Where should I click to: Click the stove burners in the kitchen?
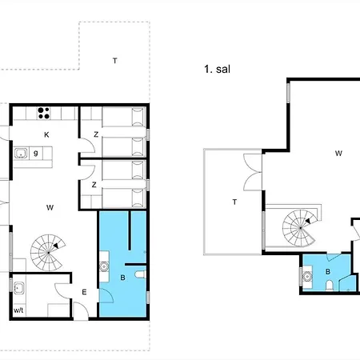click(43, 113)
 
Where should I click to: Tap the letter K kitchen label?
click(46, 134)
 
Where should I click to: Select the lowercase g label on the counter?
click(36, 153)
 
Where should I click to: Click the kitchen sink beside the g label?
click(21, 154)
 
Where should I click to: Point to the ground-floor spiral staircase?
click(48, 252)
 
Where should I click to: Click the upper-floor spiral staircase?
click(300, 228)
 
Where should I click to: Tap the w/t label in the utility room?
click(18, 310)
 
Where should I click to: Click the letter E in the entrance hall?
click(84, 292)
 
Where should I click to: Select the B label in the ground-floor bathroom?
click(122, 278)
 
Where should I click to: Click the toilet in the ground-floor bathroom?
click(140, 274)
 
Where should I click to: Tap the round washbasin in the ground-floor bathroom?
click(103, 266)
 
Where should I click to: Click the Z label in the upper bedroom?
click(96, 134)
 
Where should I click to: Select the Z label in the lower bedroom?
click(94, 185)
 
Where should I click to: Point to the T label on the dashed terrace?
click(115, 61)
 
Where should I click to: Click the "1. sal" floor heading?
click(217, 69)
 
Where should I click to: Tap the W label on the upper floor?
click(338, 154)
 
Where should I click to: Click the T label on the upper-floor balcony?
click(234, 202)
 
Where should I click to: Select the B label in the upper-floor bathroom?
click(328, 272)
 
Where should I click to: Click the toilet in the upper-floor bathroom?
click(330, 285)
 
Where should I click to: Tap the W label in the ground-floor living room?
click(50, 207)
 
